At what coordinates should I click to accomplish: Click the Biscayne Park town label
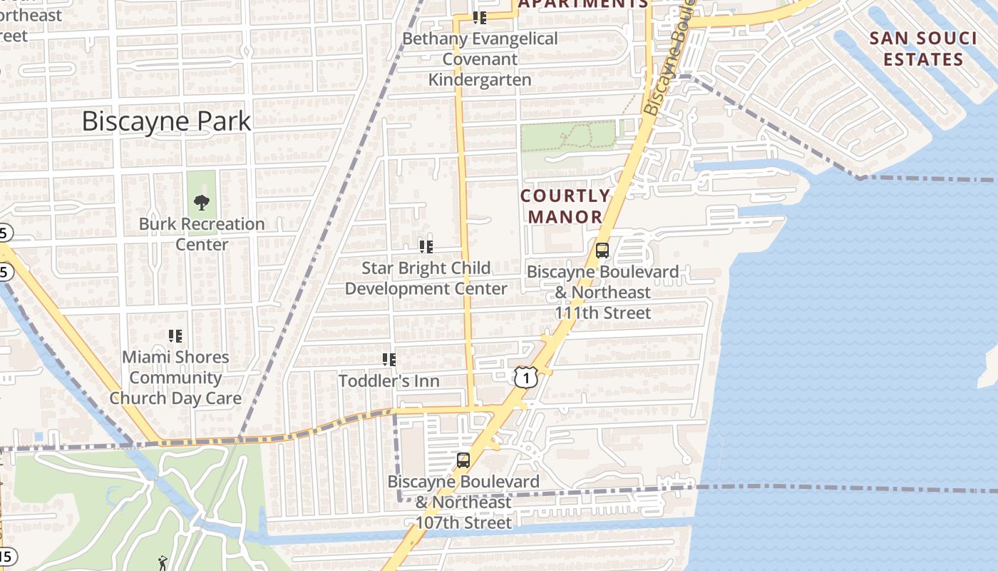pyautogui.click(x=166, y=121)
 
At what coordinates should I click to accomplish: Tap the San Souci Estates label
pyautogui.click(x=923, y=49)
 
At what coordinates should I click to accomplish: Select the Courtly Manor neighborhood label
pyautogui.click(x=565, y=206)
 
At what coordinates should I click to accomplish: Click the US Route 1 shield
pyautogui.click(x=525, y=378)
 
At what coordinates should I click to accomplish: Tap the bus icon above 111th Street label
pyautogui.click(x=602, y=251)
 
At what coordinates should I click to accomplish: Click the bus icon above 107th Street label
pyautogui.click(x=463, y=460)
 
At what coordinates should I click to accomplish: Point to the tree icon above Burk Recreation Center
pyautogui.click(x=202, y=202)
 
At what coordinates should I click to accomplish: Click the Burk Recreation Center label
pyautogui.click(x=202, y=234)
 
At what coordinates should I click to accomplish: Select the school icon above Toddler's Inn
pyautogui.click(x=389, y=359)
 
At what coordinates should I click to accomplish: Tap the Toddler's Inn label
pyautogui.click(x=389, y=381)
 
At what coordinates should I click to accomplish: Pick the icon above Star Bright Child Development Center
pyautogui.click(x=426, y=247)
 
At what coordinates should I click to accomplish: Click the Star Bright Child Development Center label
pyautogui.click(x=426, y=278)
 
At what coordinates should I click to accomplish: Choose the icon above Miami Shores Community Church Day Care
pyautogui.click(x=175, y=335)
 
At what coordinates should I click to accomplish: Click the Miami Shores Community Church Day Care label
pyautogui.click(x=175, y=378)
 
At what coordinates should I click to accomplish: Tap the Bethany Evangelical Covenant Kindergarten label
pyautogui.click(x=480, y=59)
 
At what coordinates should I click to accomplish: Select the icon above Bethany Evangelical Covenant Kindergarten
pyautogui.click(x=480, y=18)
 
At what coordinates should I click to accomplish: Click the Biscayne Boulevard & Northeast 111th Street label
pyautogui.click(x=602, y=293)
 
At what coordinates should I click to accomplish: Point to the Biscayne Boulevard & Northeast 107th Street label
pyautogui.click(x=463, y=502)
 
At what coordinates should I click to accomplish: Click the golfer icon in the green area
pyautogui.click(x=163, y=562)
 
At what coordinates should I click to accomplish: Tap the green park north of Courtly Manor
pyautogui.click(x=567, y=136)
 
